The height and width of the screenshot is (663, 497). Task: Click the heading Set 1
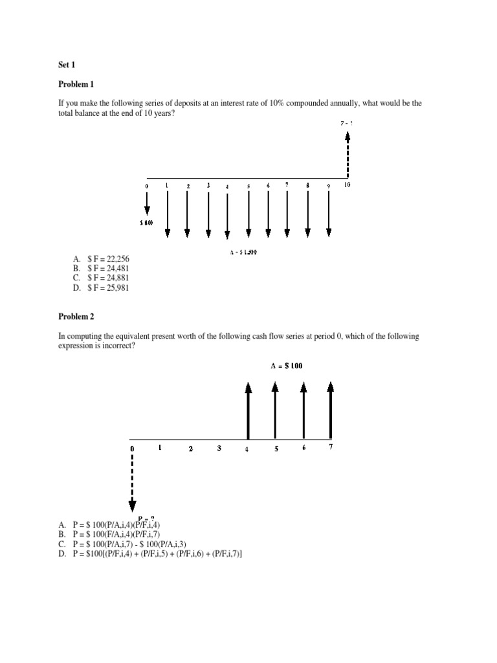tap(67, 65)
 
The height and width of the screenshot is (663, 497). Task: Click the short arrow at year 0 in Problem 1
tap(147, 205)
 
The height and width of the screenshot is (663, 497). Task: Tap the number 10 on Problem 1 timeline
tap(347, 186)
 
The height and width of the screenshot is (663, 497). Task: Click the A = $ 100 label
tap(286, 366)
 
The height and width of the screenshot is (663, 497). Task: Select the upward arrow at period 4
tap(248, 409)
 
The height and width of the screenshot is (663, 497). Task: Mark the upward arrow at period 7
tap(331, 409)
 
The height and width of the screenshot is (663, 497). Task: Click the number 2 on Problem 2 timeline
tap(190, 448)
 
